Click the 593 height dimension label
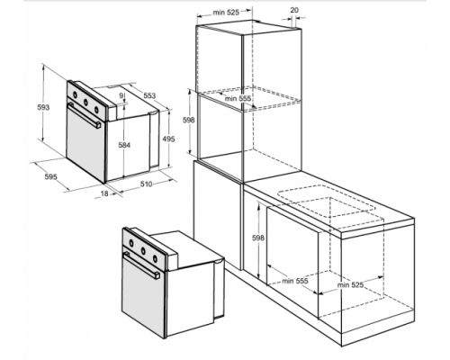(43, 107)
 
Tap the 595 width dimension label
(50, 176)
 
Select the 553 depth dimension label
(149, 95)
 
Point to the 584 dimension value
(124, 145)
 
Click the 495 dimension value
(168, 139)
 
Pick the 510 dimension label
(147, 184)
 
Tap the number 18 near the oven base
(104, 193)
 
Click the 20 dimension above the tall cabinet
(294, 10)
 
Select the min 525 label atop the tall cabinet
(226, 13)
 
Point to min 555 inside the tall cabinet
(238, 98)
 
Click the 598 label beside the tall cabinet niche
(189, 120)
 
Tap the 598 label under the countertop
(258, 238)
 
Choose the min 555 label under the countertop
(295, 281)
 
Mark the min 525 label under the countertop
(350, 284)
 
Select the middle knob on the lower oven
(143, 250)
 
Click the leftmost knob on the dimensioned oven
(75, 95)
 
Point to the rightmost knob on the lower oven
(155, 258)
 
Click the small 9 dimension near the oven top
(121, 95)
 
